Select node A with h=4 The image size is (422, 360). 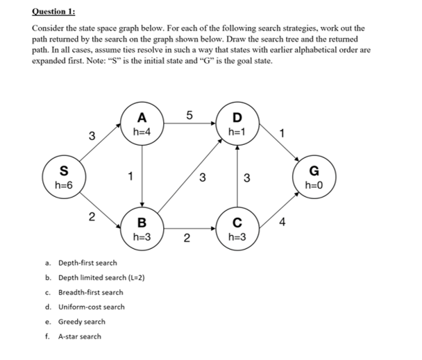pyautogui.click(x=142, y=123)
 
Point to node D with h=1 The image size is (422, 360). pyautogui.click(x=237, y=123)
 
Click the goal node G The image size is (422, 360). pyautogui.click(x=314, y=178)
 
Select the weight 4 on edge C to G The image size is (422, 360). pyautogui.click(x=281, y=223)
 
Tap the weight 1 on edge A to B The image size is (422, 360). pyautogui.click(x=129, y=176)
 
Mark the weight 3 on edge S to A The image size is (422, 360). pyautogui.click(x=92, y=135)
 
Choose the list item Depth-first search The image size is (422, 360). pyautogui.click(x=87, y=263)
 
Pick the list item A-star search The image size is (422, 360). pyautogui.click(x=79, y=336)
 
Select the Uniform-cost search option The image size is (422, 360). pyautogui.click(x=91, y=307)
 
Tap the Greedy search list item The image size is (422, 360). pyautogui.click(x=82, y=322)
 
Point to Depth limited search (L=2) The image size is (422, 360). pyautogui.click(x=101, y=277)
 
